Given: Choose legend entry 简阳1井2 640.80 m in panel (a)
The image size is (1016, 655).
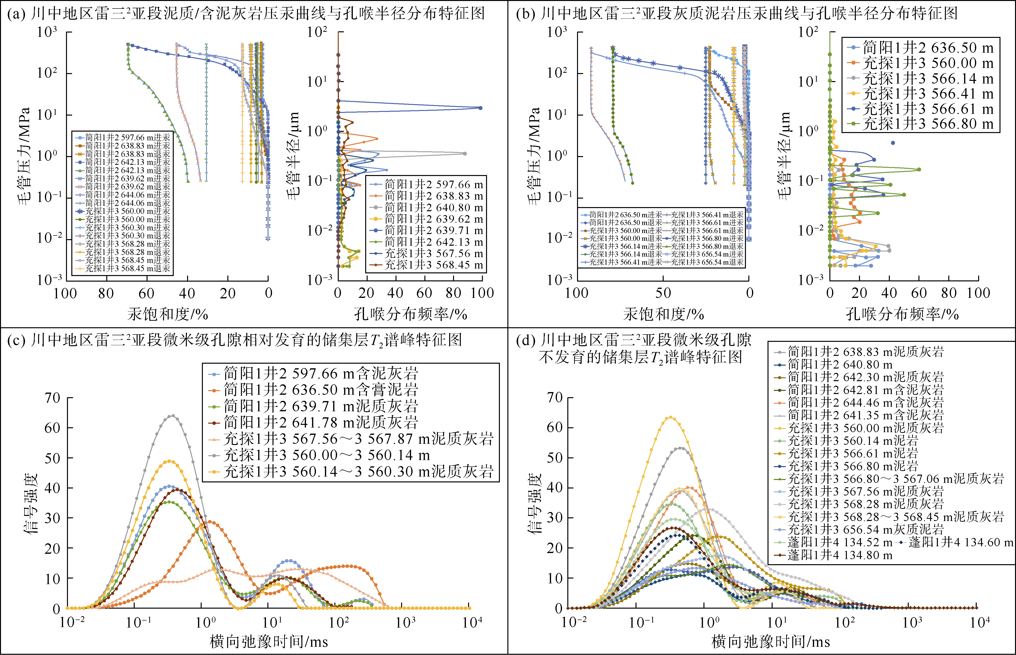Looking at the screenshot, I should click(434, 208).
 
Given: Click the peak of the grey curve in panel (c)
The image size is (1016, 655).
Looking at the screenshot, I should click(172, 416).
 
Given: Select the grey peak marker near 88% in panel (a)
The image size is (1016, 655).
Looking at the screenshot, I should click(465, 153).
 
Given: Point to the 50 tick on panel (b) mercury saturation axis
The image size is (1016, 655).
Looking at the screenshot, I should click(663, 293).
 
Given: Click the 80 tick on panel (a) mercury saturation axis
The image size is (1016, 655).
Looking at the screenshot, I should click(106, 293).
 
